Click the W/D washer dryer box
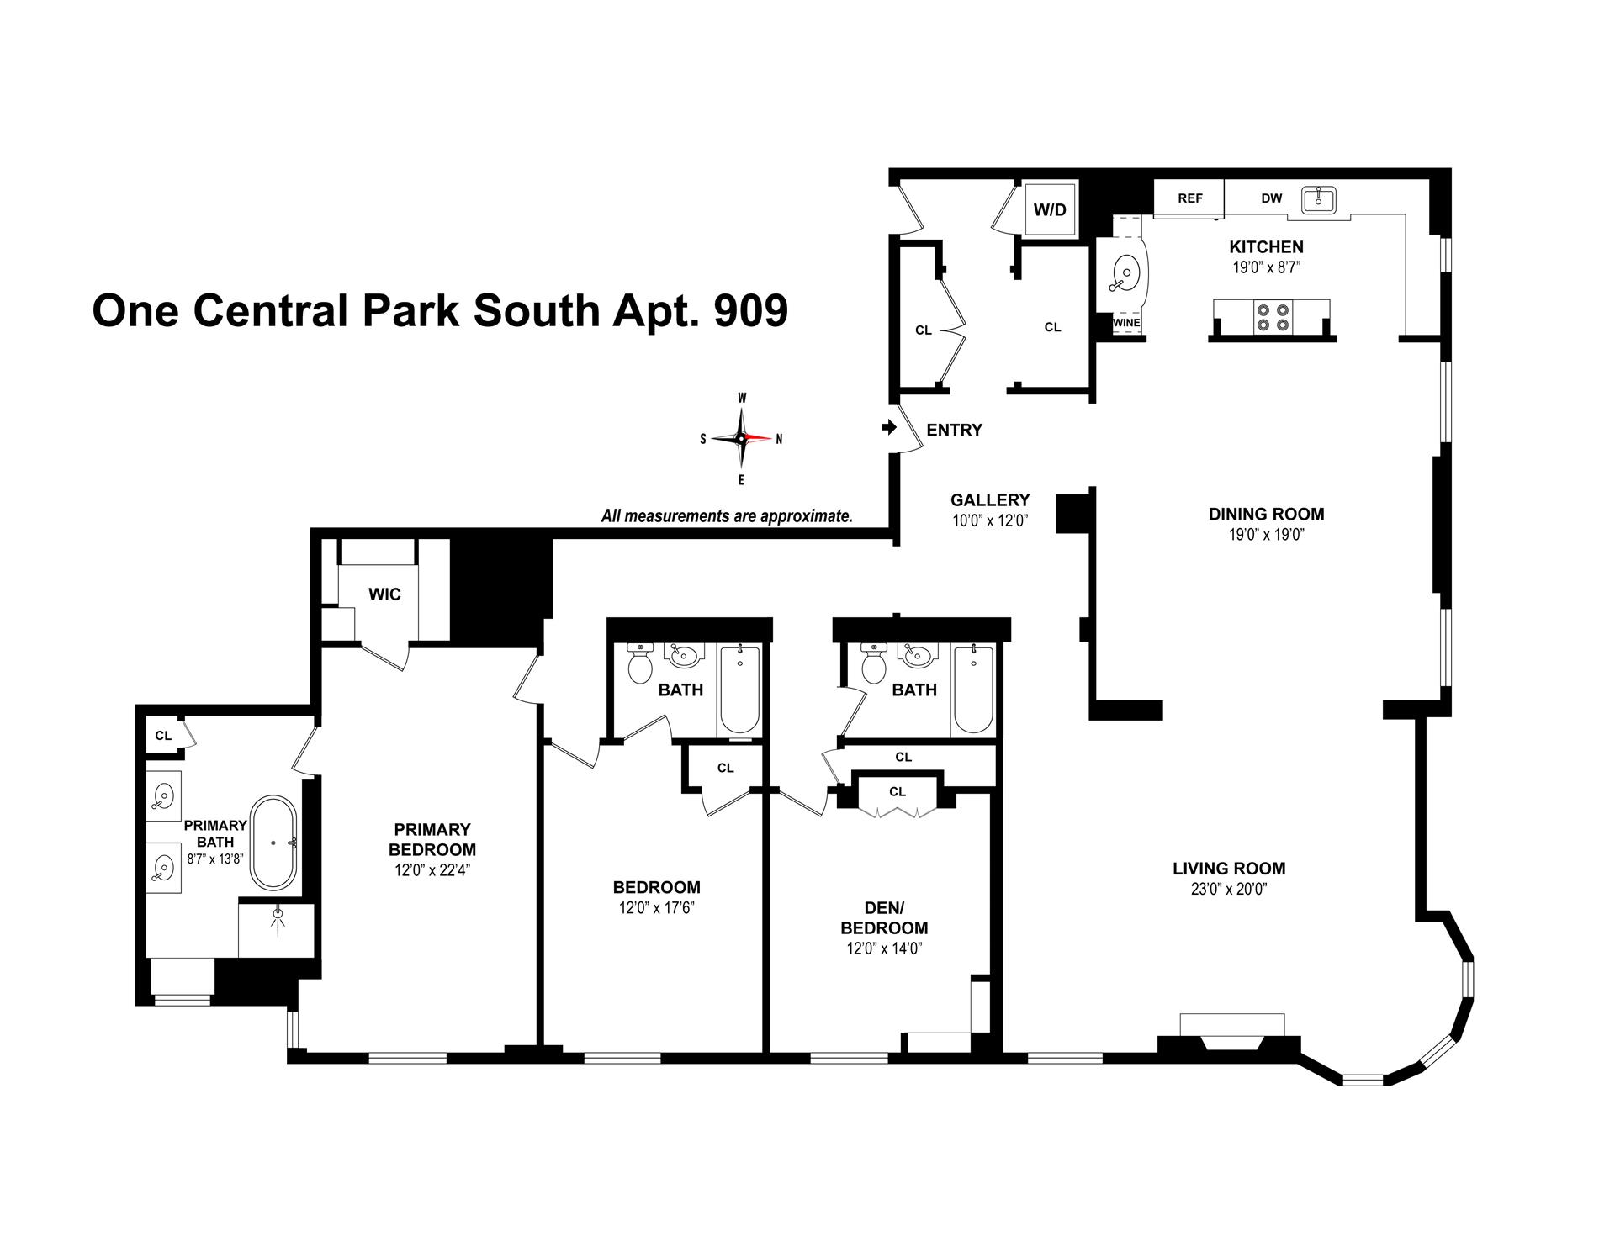tap(1050, 209)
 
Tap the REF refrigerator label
tap(1189, 198)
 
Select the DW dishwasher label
tap(1271, 198)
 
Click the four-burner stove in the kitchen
tap(1271, 316)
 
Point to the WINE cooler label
tap(1125, 323)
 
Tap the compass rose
tap(741, 438)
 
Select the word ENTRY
tap(954, 431)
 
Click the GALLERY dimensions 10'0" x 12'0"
tap(990, 520)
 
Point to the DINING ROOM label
tap(1266, 514)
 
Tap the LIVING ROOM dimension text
tap(1229, 890)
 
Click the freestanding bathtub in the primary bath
tap(273, 842)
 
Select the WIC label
tap(384, 594)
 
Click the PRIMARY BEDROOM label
tap(432, 839)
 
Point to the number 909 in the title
tap(750, 311)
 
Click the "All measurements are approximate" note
tap(727, 516)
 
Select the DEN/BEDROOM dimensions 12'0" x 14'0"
tap(884, 948)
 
